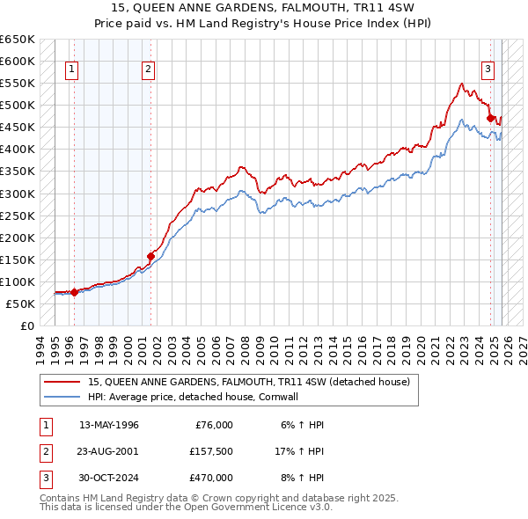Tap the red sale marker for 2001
tap(151, 256)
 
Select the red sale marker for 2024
tap(490, 118)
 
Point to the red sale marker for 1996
tap(75, 292)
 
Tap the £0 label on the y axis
tap(26, 325)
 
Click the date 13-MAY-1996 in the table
tap(108, 425)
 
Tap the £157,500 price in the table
tap(210, 451)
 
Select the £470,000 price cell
tap(210, 478)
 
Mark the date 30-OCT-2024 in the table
tap(108, 478)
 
